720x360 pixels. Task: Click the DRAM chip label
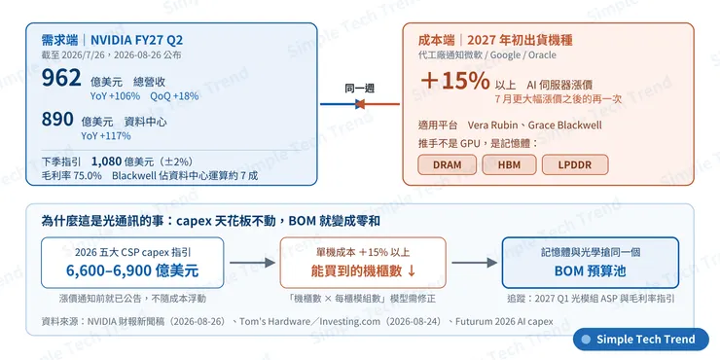[447, 164]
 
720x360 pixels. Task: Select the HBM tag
[509, 164]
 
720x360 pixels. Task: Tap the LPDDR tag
[575, 164]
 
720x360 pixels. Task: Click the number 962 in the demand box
[61, 78]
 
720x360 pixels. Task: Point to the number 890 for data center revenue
[57, 120]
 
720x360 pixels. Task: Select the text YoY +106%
[115, 96]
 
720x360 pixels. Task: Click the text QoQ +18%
[174, 96]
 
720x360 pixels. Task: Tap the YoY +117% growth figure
[106, 136]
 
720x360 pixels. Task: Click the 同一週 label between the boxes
[360, 89]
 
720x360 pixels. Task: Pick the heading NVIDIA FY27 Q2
[136, 40]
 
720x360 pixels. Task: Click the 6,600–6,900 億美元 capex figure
[132, 270]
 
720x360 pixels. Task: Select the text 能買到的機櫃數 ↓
[363, 270]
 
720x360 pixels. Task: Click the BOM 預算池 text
[590, 270]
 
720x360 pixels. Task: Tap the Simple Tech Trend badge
[641, 340]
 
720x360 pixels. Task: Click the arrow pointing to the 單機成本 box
[252, 263]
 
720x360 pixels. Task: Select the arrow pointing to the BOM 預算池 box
[475, 263]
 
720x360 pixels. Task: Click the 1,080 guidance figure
[106, 162]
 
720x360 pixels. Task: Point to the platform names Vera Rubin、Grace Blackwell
[534, 126]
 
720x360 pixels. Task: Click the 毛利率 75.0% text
[72, 176]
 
